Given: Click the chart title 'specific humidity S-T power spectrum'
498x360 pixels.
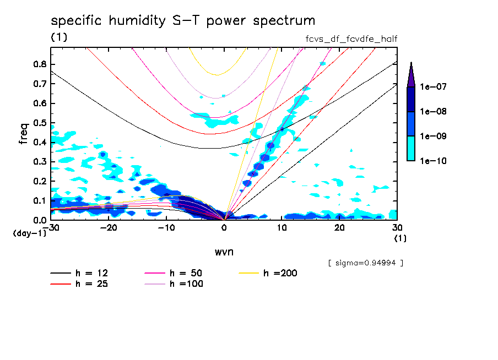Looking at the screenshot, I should point(183,21).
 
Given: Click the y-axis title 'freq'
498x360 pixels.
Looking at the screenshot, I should point(24,133).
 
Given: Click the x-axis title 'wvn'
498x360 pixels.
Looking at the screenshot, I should point(224,252).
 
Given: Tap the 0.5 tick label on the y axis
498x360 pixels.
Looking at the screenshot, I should point(40,123).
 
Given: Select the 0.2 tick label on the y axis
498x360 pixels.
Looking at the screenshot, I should point(40,181).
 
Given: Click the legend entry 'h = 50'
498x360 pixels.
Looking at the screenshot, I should point(185,273).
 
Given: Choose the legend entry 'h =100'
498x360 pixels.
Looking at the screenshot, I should point(185,284).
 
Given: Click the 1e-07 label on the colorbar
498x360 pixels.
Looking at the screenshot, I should point(432,87).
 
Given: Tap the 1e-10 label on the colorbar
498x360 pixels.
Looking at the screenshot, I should point(432,161).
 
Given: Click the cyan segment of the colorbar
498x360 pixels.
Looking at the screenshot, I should point(411,148).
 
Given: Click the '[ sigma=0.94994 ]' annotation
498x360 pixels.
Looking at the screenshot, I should point(365,263).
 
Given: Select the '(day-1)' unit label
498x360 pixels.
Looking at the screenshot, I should point(30,233).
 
